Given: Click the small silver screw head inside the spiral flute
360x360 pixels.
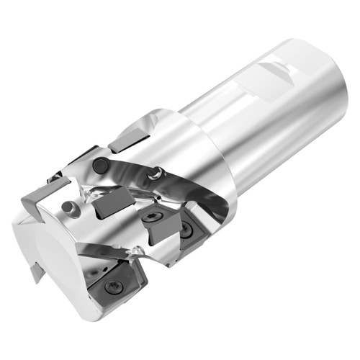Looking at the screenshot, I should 153,173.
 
